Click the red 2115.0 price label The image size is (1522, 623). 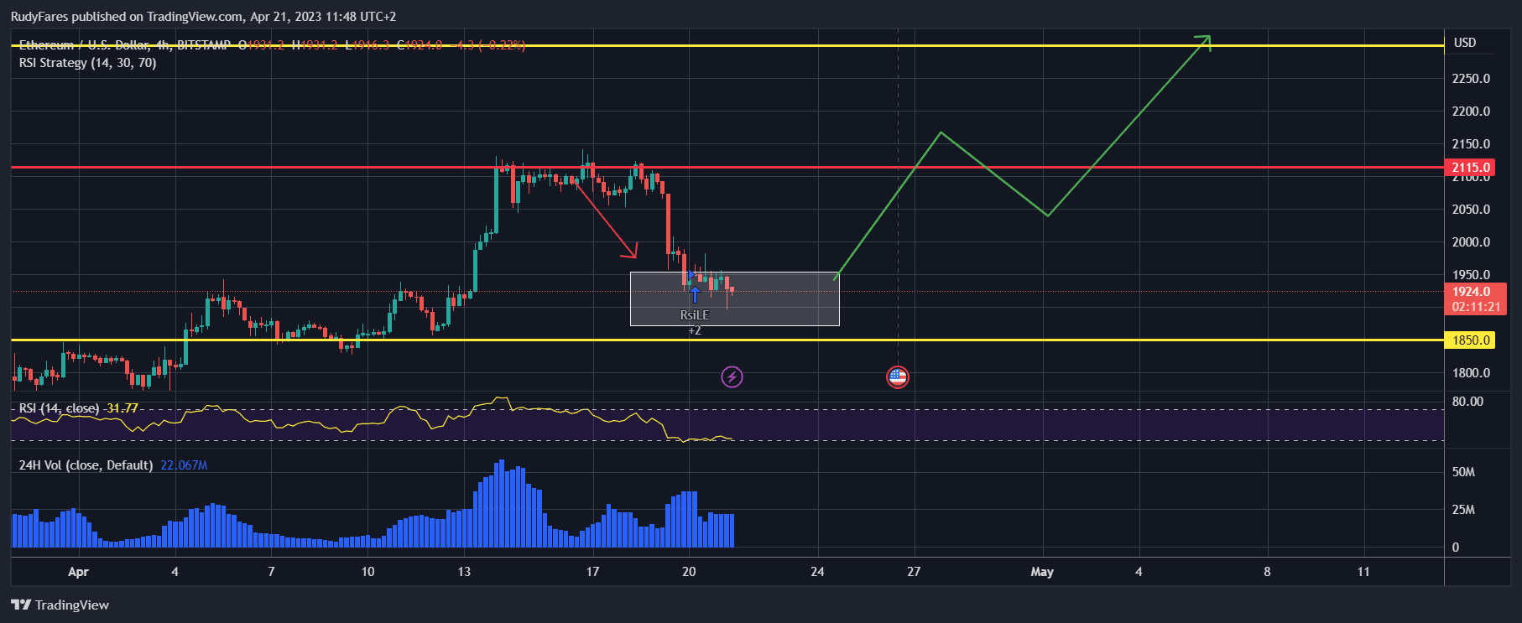pyautogui.click(x=1471, y=168)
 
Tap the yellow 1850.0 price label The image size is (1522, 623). pyautogui.click(x=1471, y=340)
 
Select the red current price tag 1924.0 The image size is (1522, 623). pyautogui.click(x=1474, y=292)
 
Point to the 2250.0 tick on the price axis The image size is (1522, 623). pyautogui.click(x=1471, y=79)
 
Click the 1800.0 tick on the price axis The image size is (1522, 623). pyautogui.click(x=1471, y=373)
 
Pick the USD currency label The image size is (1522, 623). pyautogui.click(x=1465, y=43)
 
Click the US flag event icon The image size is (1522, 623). pyautogui.click(x=898, y=377)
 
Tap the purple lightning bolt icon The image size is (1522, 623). pyautogui.click(x=732, y=377)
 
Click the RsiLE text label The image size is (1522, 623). pyautogui.click(x=694, y=315)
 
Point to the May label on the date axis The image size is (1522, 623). pyautogui.click(x=1042, y=572)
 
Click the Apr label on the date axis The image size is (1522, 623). pyautogui.click(x=78, y=572)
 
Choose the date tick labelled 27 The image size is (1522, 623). pyautogui.click(x=914, y=572)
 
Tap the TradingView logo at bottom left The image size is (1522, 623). pyautogui.click(x=60, y=605)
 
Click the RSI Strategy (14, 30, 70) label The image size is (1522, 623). pyautogui.click(x=87, y=63)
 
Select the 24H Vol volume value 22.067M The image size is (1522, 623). pyautogui.click(x=184, y=465)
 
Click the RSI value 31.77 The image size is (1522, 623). pyautogui.click(x=122, y=408)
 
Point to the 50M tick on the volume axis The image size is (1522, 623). pyautogui.click(x=1463, y=472)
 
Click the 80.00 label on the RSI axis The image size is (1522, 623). pyautogui.click(x=1467, y=402)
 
